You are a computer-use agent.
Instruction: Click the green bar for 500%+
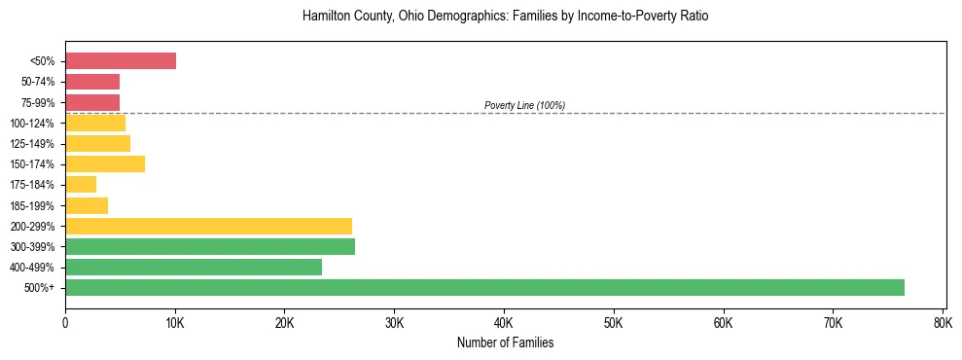coord(484,287)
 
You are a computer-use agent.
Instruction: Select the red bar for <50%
coord(121,61)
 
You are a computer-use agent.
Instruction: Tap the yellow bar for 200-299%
coord(208,226)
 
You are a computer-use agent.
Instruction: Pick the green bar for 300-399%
coord(210,246)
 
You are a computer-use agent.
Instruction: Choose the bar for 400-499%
coord(194,267)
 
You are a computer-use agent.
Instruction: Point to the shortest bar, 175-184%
coord(81,185)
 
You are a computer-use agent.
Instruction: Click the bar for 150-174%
coord(105,164)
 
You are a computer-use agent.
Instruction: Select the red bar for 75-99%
coord(92,102)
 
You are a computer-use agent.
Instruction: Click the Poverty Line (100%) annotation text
coord(524,105)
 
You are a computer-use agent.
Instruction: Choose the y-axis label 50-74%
coord(40,82)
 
